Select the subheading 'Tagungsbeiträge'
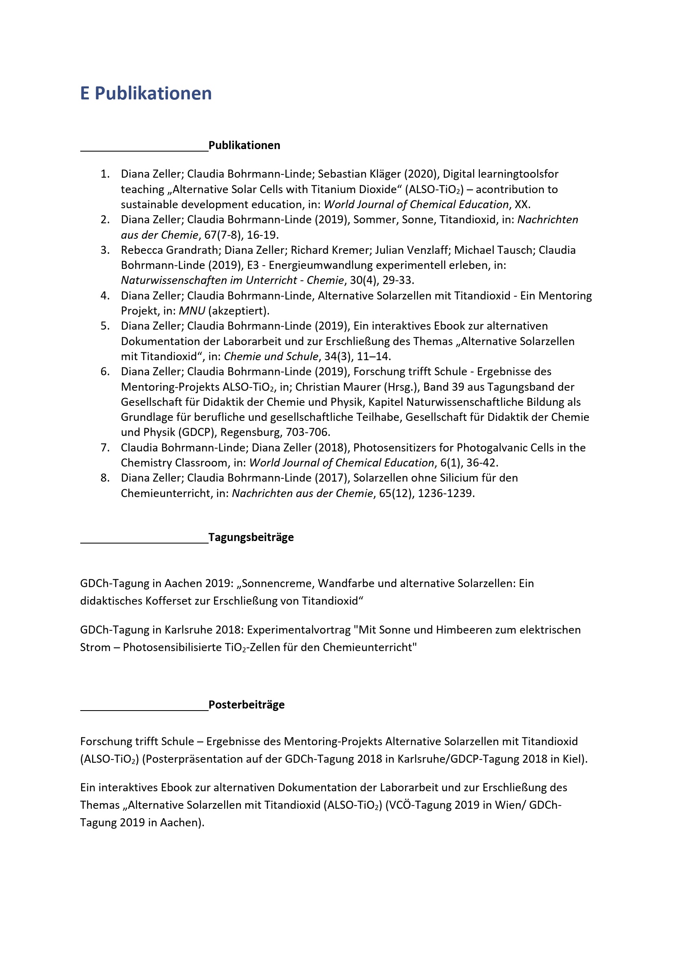click(251, 537)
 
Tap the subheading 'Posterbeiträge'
click(246, 704)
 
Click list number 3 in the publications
click(105, 250)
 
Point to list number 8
click(105, 478)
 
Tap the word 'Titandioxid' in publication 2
click(467, 220)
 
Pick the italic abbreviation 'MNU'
click(192, 311)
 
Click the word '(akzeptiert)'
click(239, 311)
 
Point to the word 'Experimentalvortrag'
click(299, 629)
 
